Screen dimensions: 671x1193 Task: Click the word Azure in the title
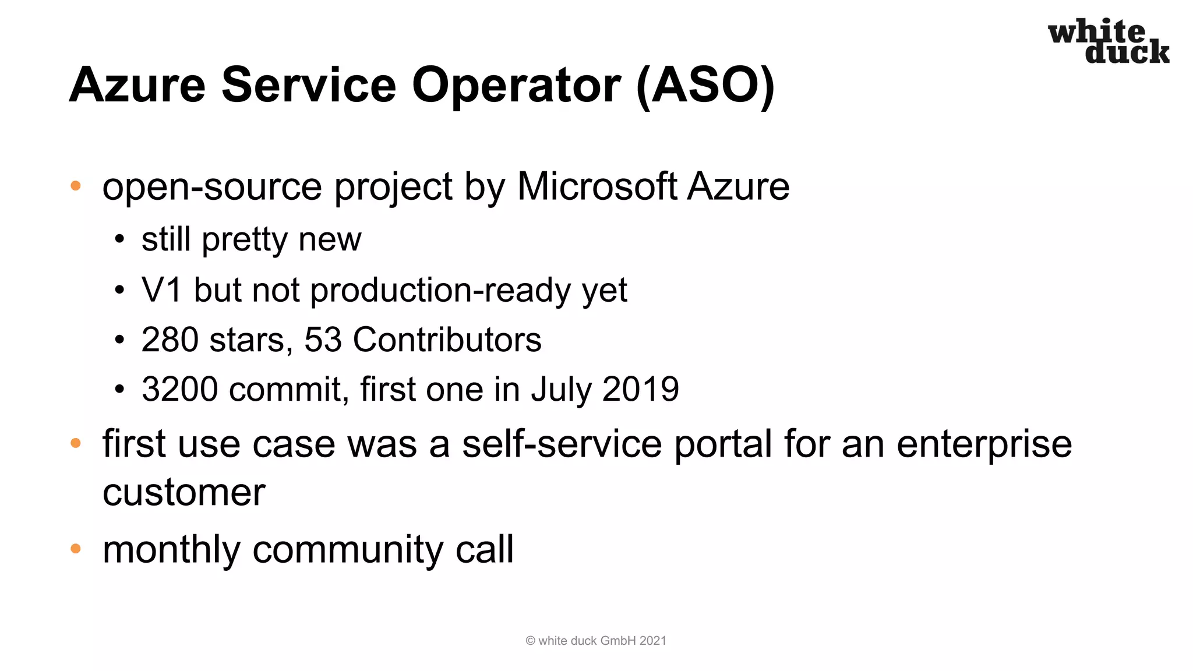tap(137, 85)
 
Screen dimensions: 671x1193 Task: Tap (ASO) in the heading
tap(705, 85)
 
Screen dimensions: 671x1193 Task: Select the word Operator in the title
tap(516, 86)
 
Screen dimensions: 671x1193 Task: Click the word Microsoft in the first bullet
tap(597, 186)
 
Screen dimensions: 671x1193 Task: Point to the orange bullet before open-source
tap(75, 186)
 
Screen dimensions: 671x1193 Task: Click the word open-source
tap(212, 188)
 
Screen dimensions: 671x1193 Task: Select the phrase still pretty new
tap(251, 239)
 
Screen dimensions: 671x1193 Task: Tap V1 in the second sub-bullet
tap(161, 289)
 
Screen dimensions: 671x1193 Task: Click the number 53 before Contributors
tap(323, 340)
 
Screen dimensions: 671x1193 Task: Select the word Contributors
tap(447, 340)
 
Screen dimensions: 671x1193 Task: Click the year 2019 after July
tap(640, 389)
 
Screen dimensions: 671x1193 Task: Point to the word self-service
tap(562, 444)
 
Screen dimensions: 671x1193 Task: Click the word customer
tap(183, 493)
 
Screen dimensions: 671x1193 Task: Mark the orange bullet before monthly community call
tap(75, 549)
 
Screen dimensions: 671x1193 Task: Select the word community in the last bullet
tap(347, 550)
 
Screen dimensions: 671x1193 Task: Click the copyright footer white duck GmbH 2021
tap(596, 641)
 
